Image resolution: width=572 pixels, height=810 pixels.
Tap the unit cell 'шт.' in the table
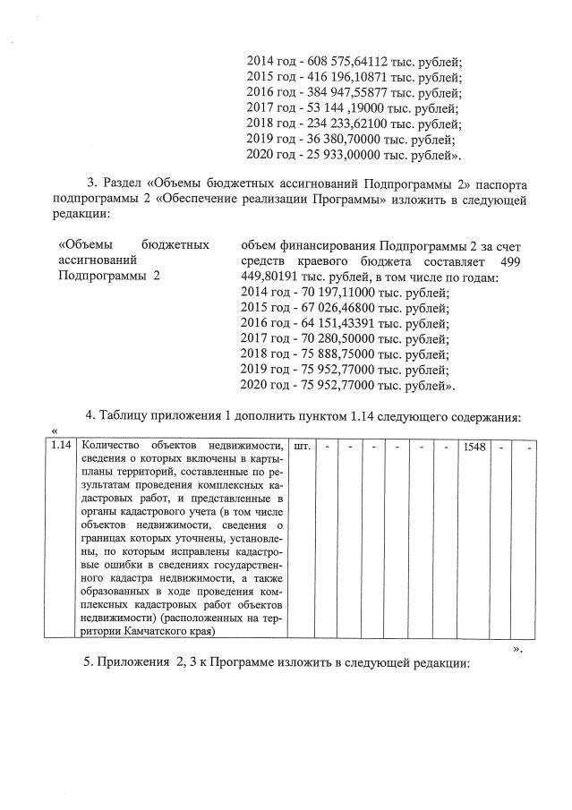[x=302, y=447]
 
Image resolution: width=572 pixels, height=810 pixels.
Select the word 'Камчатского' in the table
[x=159, y=629]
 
